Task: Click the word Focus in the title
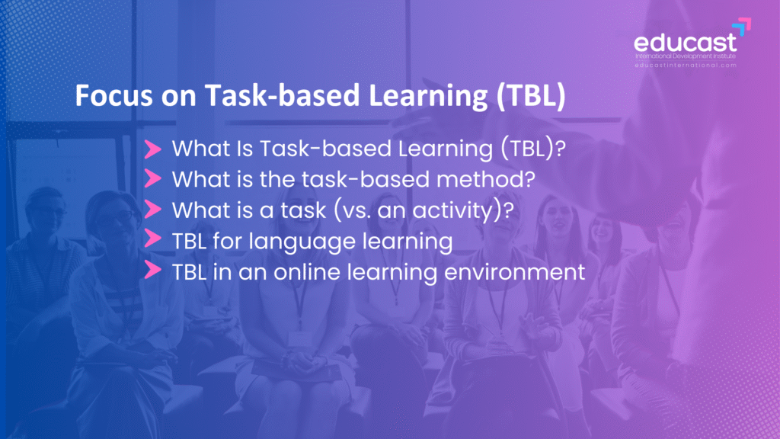click(113, 95)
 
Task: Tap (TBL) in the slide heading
click(531, 95)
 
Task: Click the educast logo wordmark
click(685, 43)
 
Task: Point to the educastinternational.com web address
click(686, 66)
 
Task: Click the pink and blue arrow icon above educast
click(742, 27)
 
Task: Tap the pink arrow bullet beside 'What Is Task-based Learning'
click(152, 149)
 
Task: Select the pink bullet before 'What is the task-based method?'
click(152, 178)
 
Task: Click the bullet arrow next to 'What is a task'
click(152, 210)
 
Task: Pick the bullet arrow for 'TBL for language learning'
click(152, 239)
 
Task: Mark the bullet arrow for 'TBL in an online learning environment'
click(152, 270)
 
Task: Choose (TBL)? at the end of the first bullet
click(532, 149)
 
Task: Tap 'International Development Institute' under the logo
click(686, 56)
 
